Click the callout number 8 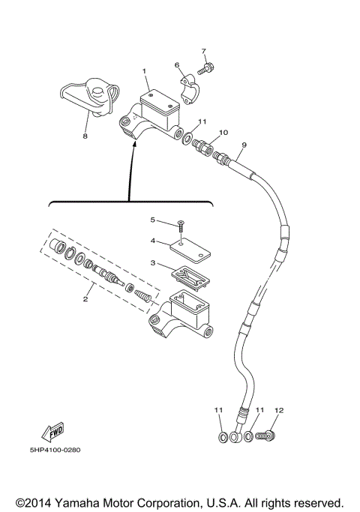point(85,137)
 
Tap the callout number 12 point(279,410)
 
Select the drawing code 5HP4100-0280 point(56,451)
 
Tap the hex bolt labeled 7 point(206,69)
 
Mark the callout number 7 point(202,51)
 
